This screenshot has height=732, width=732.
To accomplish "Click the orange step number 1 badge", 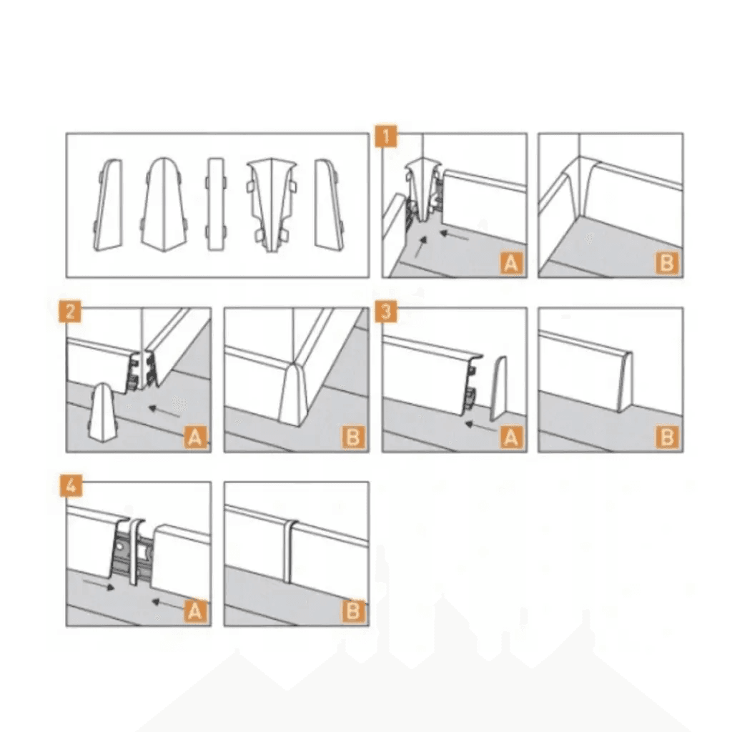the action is coord(386,137).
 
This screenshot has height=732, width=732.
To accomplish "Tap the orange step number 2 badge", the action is coord(71,311).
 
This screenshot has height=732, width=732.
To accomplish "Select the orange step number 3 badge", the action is coord(386,311).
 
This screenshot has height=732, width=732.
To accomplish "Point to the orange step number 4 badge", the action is coord(71,485).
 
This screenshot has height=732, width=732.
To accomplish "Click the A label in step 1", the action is coord(511,263).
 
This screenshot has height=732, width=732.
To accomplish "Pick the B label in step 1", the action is coord(667,263).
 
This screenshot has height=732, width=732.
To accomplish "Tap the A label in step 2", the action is coord(195,437).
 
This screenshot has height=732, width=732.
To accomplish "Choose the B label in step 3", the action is coord(667,437).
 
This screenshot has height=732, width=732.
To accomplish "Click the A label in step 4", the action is coord(195,611).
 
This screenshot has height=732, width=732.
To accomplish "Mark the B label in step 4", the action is coord(353,611).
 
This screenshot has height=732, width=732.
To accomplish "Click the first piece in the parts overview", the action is coord(109,205).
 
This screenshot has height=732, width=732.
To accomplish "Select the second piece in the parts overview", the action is coord(164,204).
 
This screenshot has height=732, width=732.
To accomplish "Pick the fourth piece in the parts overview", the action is coord(271,206).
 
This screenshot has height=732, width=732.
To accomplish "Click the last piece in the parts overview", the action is coord(330,204).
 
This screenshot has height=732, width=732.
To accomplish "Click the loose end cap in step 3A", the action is coord(498,388).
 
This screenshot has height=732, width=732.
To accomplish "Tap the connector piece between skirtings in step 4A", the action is coord(137,551).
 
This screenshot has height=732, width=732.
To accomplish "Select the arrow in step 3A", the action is coord(481,427).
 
